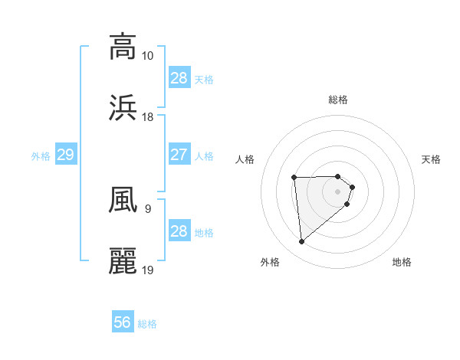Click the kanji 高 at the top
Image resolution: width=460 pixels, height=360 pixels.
coord(123,46)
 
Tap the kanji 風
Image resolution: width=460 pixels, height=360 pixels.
coord(123,200)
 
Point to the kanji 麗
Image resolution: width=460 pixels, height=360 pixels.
coord(123,261)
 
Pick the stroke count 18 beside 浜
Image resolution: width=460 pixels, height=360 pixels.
coord(147,117)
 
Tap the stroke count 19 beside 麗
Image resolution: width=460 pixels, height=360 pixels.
coord(147,270)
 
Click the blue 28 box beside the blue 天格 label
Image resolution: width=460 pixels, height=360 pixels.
coord(179,78)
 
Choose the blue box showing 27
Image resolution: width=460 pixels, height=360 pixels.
coord(179,155)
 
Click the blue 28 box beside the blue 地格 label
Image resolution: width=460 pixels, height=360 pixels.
coord(179,231)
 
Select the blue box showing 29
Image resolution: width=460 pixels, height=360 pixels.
coord(65,155)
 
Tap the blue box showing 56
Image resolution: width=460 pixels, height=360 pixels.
coord(123,322)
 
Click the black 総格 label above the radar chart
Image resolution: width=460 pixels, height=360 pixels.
coord(338,100)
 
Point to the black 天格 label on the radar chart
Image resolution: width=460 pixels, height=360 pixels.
coord(432,159)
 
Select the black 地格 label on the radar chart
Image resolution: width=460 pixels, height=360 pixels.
coord(402,262)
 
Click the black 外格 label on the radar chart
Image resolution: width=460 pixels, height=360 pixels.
coord(270,262)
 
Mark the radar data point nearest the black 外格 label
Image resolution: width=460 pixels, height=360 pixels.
coord(302,242)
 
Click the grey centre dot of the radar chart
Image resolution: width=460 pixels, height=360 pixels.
coord(338,191)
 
